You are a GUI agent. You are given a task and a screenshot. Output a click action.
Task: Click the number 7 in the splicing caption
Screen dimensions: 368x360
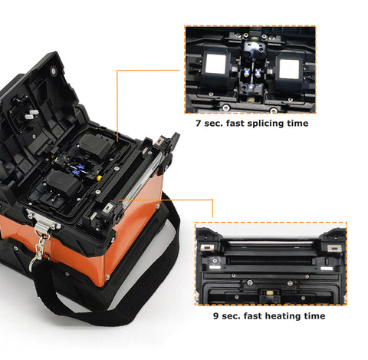click(x=199, y=124)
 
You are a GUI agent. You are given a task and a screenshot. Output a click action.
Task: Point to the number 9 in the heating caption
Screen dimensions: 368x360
click(x=216, y=316)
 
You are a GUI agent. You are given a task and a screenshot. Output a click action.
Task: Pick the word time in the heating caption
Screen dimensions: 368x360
click(x=315, y=316)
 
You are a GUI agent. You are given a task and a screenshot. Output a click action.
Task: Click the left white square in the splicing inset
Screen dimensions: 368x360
click(x=215, y=64)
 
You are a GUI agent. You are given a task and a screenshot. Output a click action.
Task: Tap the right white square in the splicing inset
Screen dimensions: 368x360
click(x=289, y=69)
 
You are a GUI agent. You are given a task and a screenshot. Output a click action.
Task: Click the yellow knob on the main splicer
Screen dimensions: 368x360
click(x=99, y=177)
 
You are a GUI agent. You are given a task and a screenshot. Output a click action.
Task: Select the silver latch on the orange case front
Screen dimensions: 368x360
click(x=44, y=221)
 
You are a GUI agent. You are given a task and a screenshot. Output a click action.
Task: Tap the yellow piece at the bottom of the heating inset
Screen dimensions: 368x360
click(x=269, y=292)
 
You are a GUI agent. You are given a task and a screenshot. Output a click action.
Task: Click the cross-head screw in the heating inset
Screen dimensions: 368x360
click(x=215, y=260)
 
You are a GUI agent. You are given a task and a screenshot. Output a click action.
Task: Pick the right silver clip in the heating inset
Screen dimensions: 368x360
click(x=333, y=248)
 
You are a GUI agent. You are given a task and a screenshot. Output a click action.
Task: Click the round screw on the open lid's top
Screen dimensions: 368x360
click(x=53, y=71)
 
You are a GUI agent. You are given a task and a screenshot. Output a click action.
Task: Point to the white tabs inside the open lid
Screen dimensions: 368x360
click(x=31, y=114)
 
